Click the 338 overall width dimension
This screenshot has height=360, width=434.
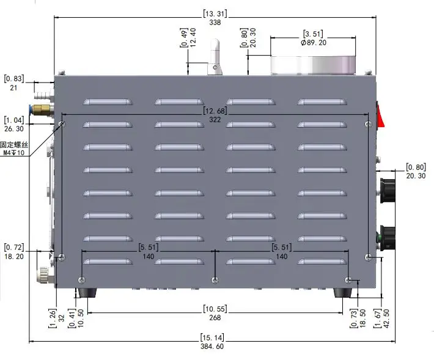click(215, 22)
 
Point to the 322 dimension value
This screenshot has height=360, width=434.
click(215, 119)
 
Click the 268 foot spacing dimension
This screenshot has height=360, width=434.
click(215, 317)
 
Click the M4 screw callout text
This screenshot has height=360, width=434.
click(15, 153)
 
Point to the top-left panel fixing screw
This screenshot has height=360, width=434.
click(61, 125)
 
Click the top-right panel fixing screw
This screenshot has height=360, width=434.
click(367, 125)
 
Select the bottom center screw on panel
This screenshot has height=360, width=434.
click(214, 280)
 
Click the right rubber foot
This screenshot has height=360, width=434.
click(342, 293)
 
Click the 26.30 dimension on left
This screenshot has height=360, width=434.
click(14, 129)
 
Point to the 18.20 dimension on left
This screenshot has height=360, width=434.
click(14, 257)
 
